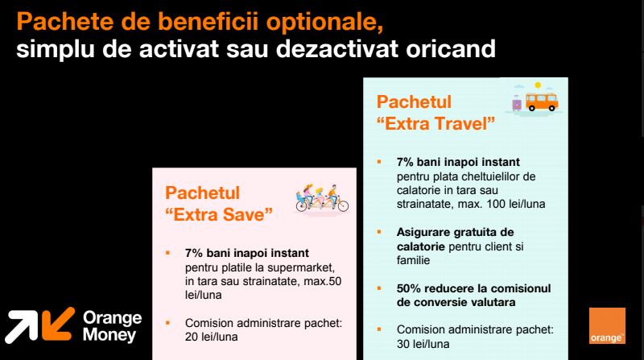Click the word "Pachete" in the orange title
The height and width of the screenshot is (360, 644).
click(x=65, y=22)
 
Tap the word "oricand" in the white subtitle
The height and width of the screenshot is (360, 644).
click(x=451, y=49)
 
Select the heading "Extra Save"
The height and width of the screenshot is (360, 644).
click(x=219, y=214)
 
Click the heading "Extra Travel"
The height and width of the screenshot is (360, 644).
click(x=436, y=123)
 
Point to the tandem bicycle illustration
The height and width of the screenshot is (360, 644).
click(x=322, y=198)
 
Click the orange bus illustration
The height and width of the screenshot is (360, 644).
click(x=542, y=101)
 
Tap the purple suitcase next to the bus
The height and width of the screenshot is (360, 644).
click(x=517, y=103)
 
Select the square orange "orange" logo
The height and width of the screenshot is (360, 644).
click(x=607, y=325)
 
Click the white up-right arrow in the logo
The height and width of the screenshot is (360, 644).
click(x=22, y=326)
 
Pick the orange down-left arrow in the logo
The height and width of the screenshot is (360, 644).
click(x=58, y=324)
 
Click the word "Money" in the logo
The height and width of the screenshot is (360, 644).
click(x=109, y=334)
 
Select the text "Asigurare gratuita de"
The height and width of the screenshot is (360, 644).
click(x=455, y=232)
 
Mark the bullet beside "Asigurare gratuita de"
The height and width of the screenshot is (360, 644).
click(x=379, y=232)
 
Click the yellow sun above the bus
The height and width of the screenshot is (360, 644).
click(x=538, y=85)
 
